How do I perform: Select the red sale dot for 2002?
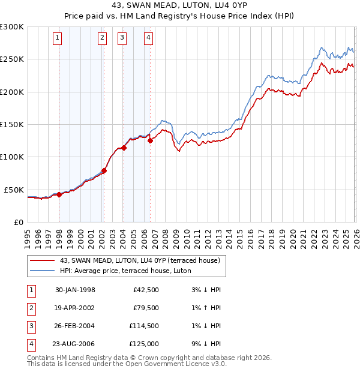point(104,170)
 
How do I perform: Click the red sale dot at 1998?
point(59,194)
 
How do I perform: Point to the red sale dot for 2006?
point(150,140)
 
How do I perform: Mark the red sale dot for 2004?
point(124,148)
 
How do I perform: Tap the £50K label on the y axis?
point(14,190)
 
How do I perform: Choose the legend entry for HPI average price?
point(125,271)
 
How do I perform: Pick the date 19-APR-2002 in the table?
point(75,308)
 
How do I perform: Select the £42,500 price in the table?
point(144,290)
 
